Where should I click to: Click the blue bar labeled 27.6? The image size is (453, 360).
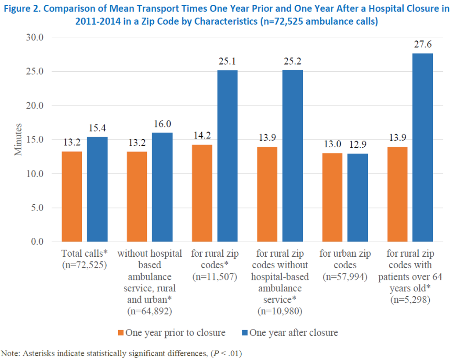[422, 147]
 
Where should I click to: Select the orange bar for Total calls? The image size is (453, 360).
[72, 196]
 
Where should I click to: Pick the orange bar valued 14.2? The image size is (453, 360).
[202, 193]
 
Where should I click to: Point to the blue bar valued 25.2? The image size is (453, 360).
[292, 156]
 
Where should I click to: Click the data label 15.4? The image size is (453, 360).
[97, 128]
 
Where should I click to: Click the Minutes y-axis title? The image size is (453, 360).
[18, 139]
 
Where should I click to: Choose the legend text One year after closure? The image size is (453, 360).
[294, 333]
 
